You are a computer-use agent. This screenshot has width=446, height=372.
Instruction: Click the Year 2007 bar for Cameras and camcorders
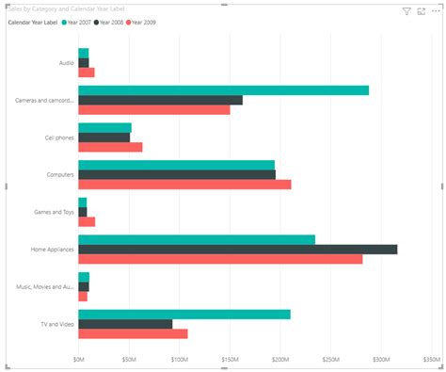point(223,90)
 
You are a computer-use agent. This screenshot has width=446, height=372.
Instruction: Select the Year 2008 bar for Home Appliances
point(237,250)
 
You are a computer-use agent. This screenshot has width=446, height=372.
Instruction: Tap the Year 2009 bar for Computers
point(184,185)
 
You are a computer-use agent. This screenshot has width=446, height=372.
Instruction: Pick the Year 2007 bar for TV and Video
point(184,315)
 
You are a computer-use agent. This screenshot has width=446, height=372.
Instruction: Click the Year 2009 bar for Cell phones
point(110,147)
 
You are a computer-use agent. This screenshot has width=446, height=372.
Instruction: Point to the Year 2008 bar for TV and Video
point(125,324)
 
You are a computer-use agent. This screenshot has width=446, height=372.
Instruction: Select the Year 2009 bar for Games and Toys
point(87,222)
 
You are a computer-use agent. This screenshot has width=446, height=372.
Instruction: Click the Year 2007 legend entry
point(78,22)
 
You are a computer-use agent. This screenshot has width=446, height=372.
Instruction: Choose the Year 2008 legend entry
point(110,22)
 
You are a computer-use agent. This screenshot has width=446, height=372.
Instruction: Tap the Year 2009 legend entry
point(142,22)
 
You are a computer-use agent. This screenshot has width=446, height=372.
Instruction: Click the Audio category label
point(66,63)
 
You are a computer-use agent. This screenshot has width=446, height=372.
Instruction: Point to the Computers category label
point(60,175)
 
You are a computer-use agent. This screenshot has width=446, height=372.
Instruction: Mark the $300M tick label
point(381,359)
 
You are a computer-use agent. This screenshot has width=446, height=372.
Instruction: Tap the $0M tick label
point(78,359)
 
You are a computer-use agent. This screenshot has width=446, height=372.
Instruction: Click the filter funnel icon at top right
point(406,11)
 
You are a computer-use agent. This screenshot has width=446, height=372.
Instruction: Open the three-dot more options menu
point(436,11)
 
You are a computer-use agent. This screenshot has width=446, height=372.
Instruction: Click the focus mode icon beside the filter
point(421,11)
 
